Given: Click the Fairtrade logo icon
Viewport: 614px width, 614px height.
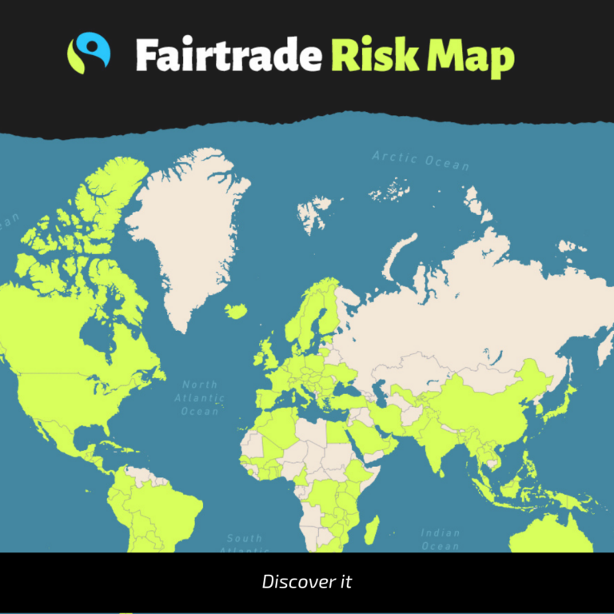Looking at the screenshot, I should [88, 54].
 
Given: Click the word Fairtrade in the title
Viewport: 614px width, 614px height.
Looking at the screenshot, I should [228, 55].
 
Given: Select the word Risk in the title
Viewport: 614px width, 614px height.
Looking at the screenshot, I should [373, 55].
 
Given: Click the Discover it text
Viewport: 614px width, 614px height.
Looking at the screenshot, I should [306, 582].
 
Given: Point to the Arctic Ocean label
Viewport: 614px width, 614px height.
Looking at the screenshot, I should [421, 160].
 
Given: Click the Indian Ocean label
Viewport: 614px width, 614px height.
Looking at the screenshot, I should [440, 539].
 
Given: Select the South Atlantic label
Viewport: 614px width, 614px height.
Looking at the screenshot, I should [244, 542].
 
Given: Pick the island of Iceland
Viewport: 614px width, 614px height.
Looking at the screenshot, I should [236, 310].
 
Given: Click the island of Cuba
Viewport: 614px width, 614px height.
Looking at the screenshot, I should [95, 443].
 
